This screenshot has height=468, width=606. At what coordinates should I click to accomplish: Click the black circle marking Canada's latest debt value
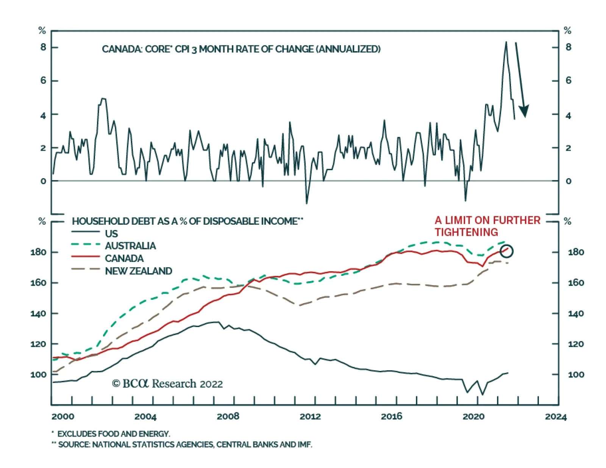(506, 251)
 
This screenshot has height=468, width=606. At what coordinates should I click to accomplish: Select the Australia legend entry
(130, 246)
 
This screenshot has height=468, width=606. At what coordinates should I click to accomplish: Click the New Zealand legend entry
(138, 271)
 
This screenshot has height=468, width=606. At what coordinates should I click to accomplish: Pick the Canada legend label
(124, 258)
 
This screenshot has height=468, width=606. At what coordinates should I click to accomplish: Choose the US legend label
(111, 233)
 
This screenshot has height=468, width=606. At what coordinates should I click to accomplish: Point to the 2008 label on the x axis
(228, 416)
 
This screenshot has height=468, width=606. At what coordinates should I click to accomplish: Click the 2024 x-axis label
(556, 417)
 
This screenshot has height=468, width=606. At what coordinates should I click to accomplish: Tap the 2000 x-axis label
(63, 416)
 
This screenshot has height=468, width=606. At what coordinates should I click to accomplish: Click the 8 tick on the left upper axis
(43, 47)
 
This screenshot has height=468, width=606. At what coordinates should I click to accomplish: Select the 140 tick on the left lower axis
(38, 313)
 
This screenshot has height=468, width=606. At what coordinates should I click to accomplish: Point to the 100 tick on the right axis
(576, 374)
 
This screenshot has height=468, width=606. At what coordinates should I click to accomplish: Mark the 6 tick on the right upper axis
(568, 81)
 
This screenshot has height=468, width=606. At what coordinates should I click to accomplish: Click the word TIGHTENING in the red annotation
(466, 232)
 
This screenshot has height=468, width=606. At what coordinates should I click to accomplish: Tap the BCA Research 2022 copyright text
(167, 384)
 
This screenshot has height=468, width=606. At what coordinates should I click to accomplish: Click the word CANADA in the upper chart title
(117, 49)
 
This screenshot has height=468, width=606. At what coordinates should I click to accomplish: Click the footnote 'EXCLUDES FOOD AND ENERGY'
(113, 434)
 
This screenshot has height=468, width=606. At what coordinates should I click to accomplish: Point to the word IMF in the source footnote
(305, 445)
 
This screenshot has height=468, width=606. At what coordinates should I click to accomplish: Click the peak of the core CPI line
(506, 42)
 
